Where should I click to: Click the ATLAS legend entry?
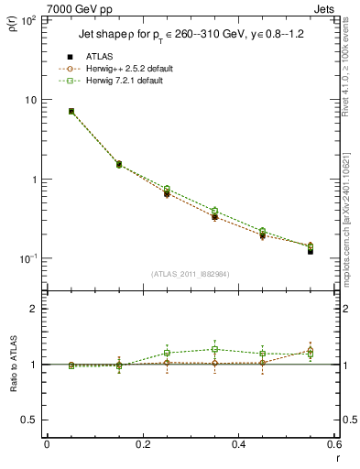coord(101,57)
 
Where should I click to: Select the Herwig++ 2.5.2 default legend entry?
coord(125,69)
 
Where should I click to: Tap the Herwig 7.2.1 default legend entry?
coord(125,81)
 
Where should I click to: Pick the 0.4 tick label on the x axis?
coord(238,444)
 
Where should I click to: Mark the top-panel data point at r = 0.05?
coord(71,111)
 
